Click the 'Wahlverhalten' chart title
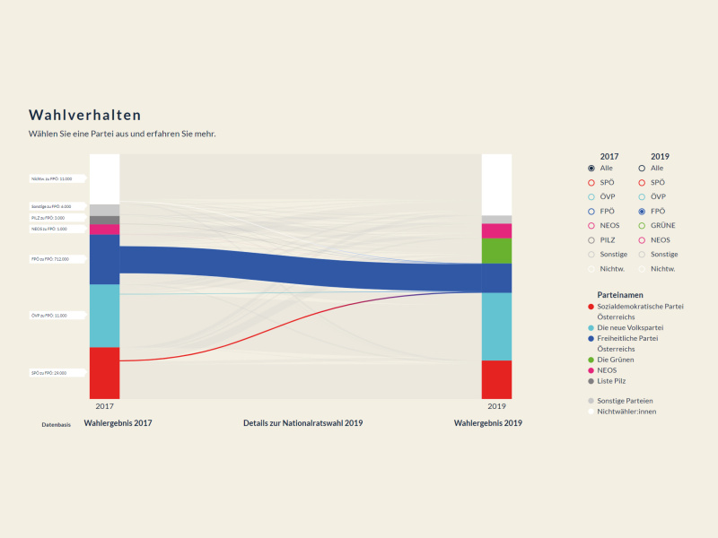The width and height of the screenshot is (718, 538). tap(84, 116)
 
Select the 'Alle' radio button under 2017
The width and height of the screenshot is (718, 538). tap(591, 168)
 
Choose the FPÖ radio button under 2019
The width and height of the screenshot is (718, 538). tap(642, 211)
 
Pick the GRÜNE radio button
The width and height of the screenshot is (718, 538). tap(642, 225)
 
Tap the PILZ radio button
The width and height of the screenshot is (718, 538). tap(591, 239)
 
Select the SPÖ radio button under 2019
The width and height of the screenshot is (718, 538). tap(642, 182)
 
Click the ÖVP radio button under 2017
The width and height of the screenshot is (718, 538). tap(591, 196)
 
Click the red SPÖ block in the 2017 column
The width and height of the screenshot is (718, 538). tap(104, 372)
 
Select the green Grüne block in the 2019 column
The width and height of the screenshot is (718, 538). tap(496, 250)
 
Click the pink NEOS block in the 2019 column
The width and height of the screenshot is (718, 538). tap(496, 230)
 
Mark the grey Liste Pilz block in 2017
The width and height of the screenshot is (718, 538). tap(104, 220)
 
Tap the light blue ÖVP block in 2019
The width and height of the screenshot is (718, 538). tap(496, 326)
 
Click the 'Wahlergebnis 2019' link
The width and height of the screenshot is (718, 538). tap(487, 423)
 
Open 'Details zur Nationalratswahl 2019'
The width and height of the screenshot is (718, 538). tap(302, 423)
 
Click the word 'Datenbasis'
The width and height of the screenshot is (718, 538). tap(56, 424)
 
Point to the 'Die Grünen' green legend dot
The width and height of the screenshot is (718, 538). tap(591, 360)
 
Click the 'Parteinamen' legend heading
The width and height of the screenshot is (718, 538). tap(620, 294)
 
